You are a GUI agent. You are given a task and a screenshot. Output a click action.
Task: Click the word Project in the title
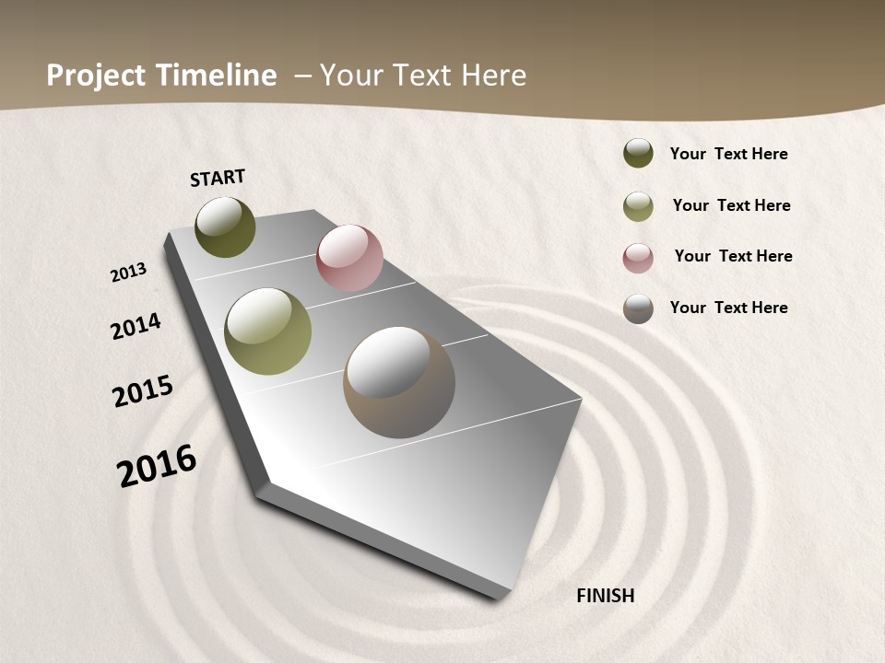[x=97, y=76]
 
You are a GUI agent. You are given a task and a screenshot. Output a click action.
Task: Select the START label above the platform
[x=218, y=178]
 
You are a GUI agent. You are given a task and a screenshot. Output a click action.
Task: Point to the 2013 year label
[x=129, y=273]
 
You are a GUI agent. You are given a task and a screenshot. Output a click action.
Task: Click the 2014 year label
[x=136, y=326]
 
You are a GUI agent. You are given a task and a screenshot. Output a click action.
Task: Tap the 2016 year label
[x=157, y=465]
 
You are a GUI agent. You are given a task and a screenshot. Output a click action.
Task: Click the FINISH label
[x=606, y=596]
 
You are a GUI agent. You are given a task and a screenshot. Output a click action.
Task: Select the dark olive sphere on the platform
[x=225, y=227]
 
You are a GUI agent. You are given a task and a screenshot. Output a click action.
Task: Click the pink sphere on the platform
[x=349, y=258]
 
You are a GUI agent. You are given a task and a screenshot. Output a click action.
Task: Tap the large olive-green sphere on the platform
[x=267, y=331]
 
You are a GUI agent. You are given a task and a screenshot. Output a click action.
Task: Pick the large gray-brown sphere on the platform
[x=399, y=382]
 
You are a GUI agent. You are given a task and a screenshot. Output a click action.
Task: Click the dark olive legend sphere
[x=638, y=153]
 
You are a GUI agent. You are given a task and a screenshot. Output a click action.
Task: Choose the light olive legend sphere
[x=638, y=206]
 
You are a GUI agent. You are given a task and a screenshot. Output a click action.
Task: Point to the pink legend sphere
[x=638, y=258]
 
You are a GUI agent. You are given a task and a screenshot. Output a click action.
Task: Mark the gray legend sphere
[x=638, y=308]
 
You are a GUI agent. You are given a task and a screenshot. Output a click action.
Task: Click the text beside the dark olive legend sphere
[x=728, y=154]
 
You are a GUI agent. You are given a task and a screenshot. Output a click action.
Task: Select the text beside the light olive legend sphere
[x=731, y=205]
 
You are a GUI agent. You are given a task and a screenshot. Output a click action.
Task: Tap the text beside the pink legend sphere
[x=733, y=256]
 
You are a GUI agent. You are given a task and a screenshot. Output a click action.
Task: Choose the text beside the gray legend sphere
[x=728, y=308]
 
